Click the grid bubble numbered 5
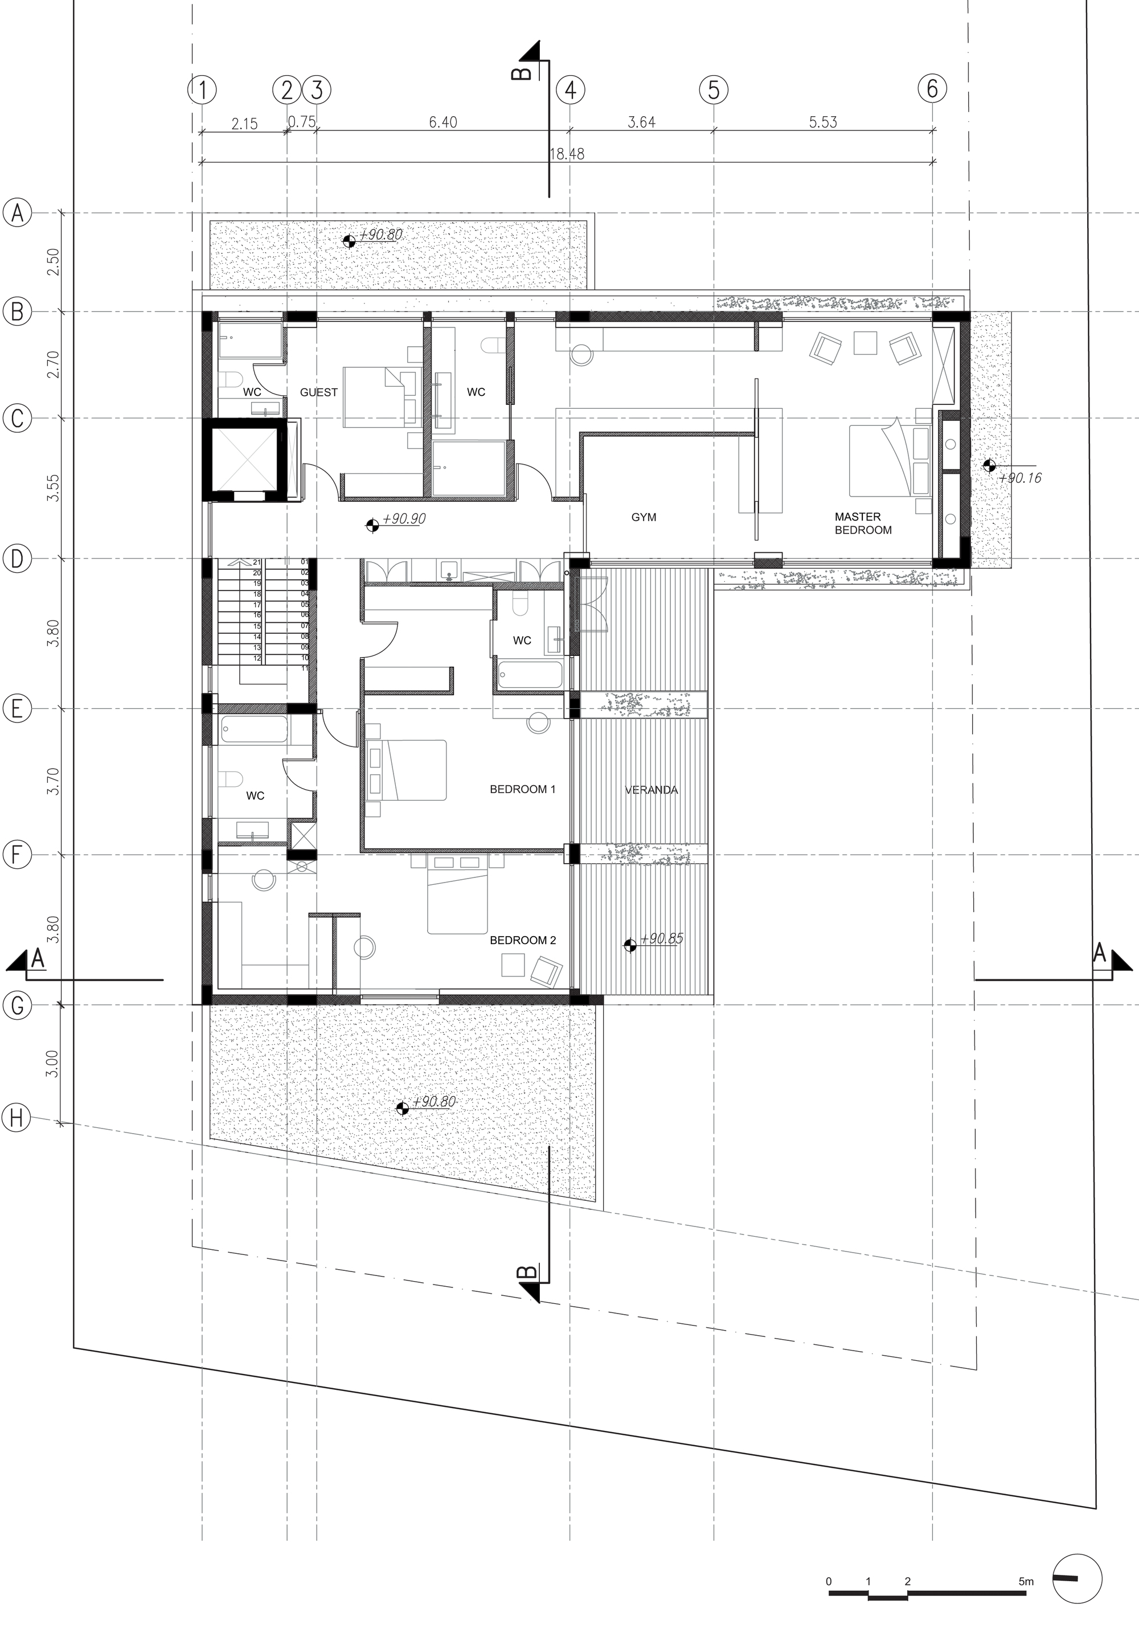click(713, 90)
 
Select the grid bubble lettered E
click(18, 708)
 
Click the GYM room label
click(644, 517)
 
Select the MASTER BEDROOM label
click(862, 523)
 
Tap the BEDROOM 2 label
click(523, 940)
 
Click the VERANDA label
click(651, 790)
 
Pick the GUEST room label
click(319, 392)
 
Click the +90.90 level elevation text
click(404, 519)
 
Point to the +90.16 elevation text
click(1020, 478)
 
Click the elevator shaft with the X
click(244, 459)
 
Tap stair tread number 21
click(256, 562)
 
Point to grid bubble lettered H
click(18, 1119)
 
